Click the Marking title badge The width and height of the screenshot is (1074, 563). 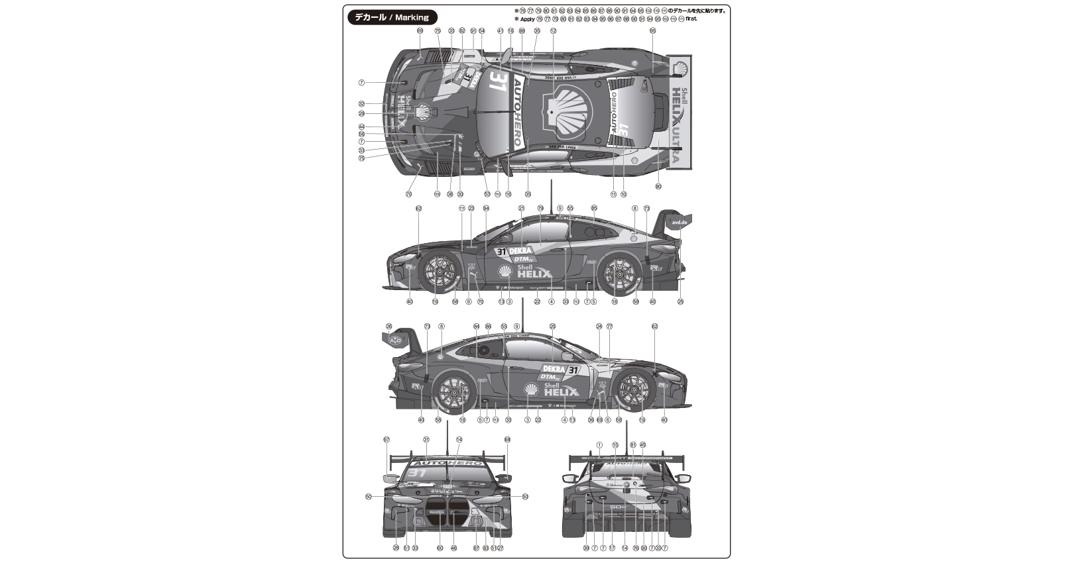392,18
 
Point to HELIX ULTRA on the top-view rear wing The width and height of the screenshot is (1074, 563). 676,126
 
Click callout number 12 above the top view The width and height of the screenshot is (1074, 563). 553,30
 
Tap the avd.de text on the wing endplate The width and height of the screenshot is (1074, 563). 680,223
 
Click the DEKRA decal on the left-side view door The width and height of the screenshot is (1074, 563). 520,251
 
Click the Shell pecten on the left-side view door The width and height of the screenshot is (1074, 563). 505,272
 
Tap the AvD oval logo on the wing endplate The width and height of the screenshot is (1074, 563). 396,340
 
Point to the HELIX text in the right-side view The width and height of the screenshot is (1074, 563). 561,392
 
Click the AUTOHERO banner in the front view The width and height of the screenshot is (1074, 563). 447,462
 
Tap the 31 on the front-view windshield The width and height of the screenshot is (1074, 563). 418,474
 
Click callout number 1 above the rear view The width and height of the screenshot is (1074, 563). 599,445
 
